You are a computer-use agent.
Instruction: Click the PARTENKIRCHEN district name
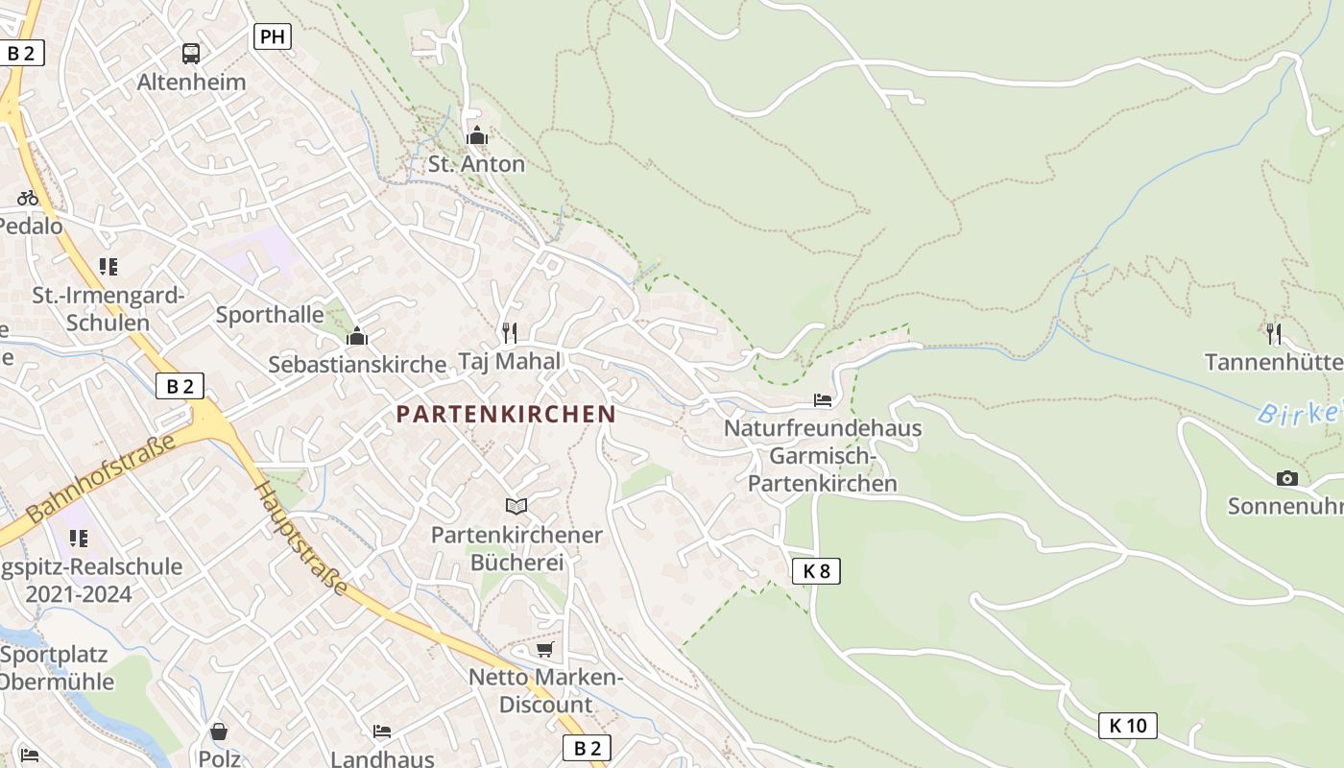click(506, 414)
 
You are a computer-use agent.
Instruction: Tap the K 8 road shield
click(816, 571)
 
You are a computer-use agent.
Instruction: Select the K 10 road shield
click(1127, 726)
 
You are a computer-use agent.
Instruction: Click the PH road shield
click(272, 37)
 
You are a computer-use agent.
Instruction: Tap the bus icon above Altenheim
click(191, 54)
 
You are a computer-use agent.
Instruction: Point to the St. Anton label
click(476, 164)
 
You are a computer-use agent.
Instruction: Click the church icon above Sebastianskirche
click(357, 336)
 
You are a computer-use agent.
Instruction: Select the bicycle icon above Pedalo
click(28, 198)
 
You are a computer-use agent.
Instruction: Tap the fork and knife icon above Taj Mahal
click(510, 333)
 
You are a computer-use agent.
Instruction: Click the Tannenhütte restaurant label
click(1273, 362)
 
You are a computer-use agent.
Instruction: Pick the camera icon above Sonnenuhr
click(1286, 478)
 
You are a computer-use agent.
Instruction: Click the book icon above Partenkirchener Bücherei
click(516, 506)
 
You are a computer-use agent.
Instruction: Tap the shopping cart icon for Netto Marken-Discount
click(544, 650)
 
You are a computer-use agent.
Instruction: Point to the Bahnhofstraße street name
click(102, 478)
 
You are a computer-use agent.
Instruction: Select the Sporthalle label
click(270, 315)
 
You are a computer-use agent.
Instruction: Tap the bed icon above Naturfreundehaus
click(823, 399)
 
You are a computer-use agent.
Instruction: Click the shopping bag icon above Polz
click(219, 732)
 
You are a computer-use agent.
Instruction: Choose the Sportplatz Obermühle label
click(56, 668)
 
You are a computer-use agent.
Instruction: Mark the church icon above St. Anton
click(476, 136)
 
